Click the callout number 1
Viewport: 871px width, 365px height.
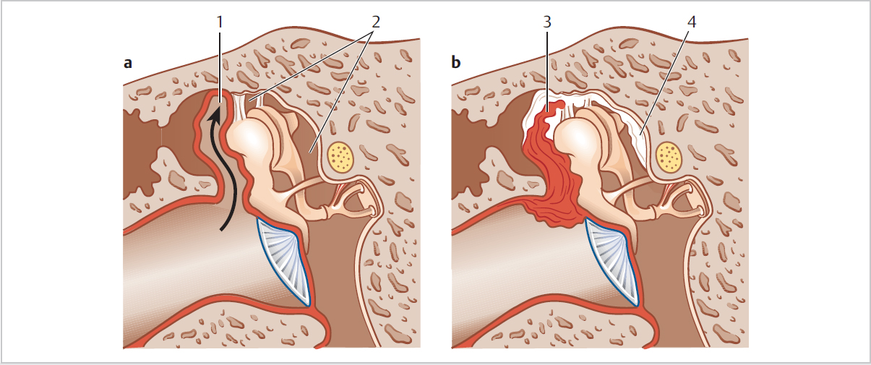tap(219, 22)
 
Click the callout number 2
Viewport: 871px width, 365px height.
tap(374, 22)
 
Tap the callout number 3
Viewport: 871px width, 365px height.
tap(547, 22)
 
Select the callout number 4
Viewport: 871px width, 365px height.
tap(692, 22)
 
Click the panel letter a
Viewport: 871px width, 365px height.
tap(128, 63)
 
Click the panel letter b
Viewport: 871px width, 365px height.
tap(455, 63)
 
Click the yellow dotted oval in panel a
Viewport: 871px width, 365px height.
tap(341, 155)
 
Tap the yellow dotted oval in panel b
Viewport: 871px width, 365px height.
tap(669, 155)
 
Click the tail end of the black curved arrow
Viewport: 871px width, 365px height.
tap(223, 232)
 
